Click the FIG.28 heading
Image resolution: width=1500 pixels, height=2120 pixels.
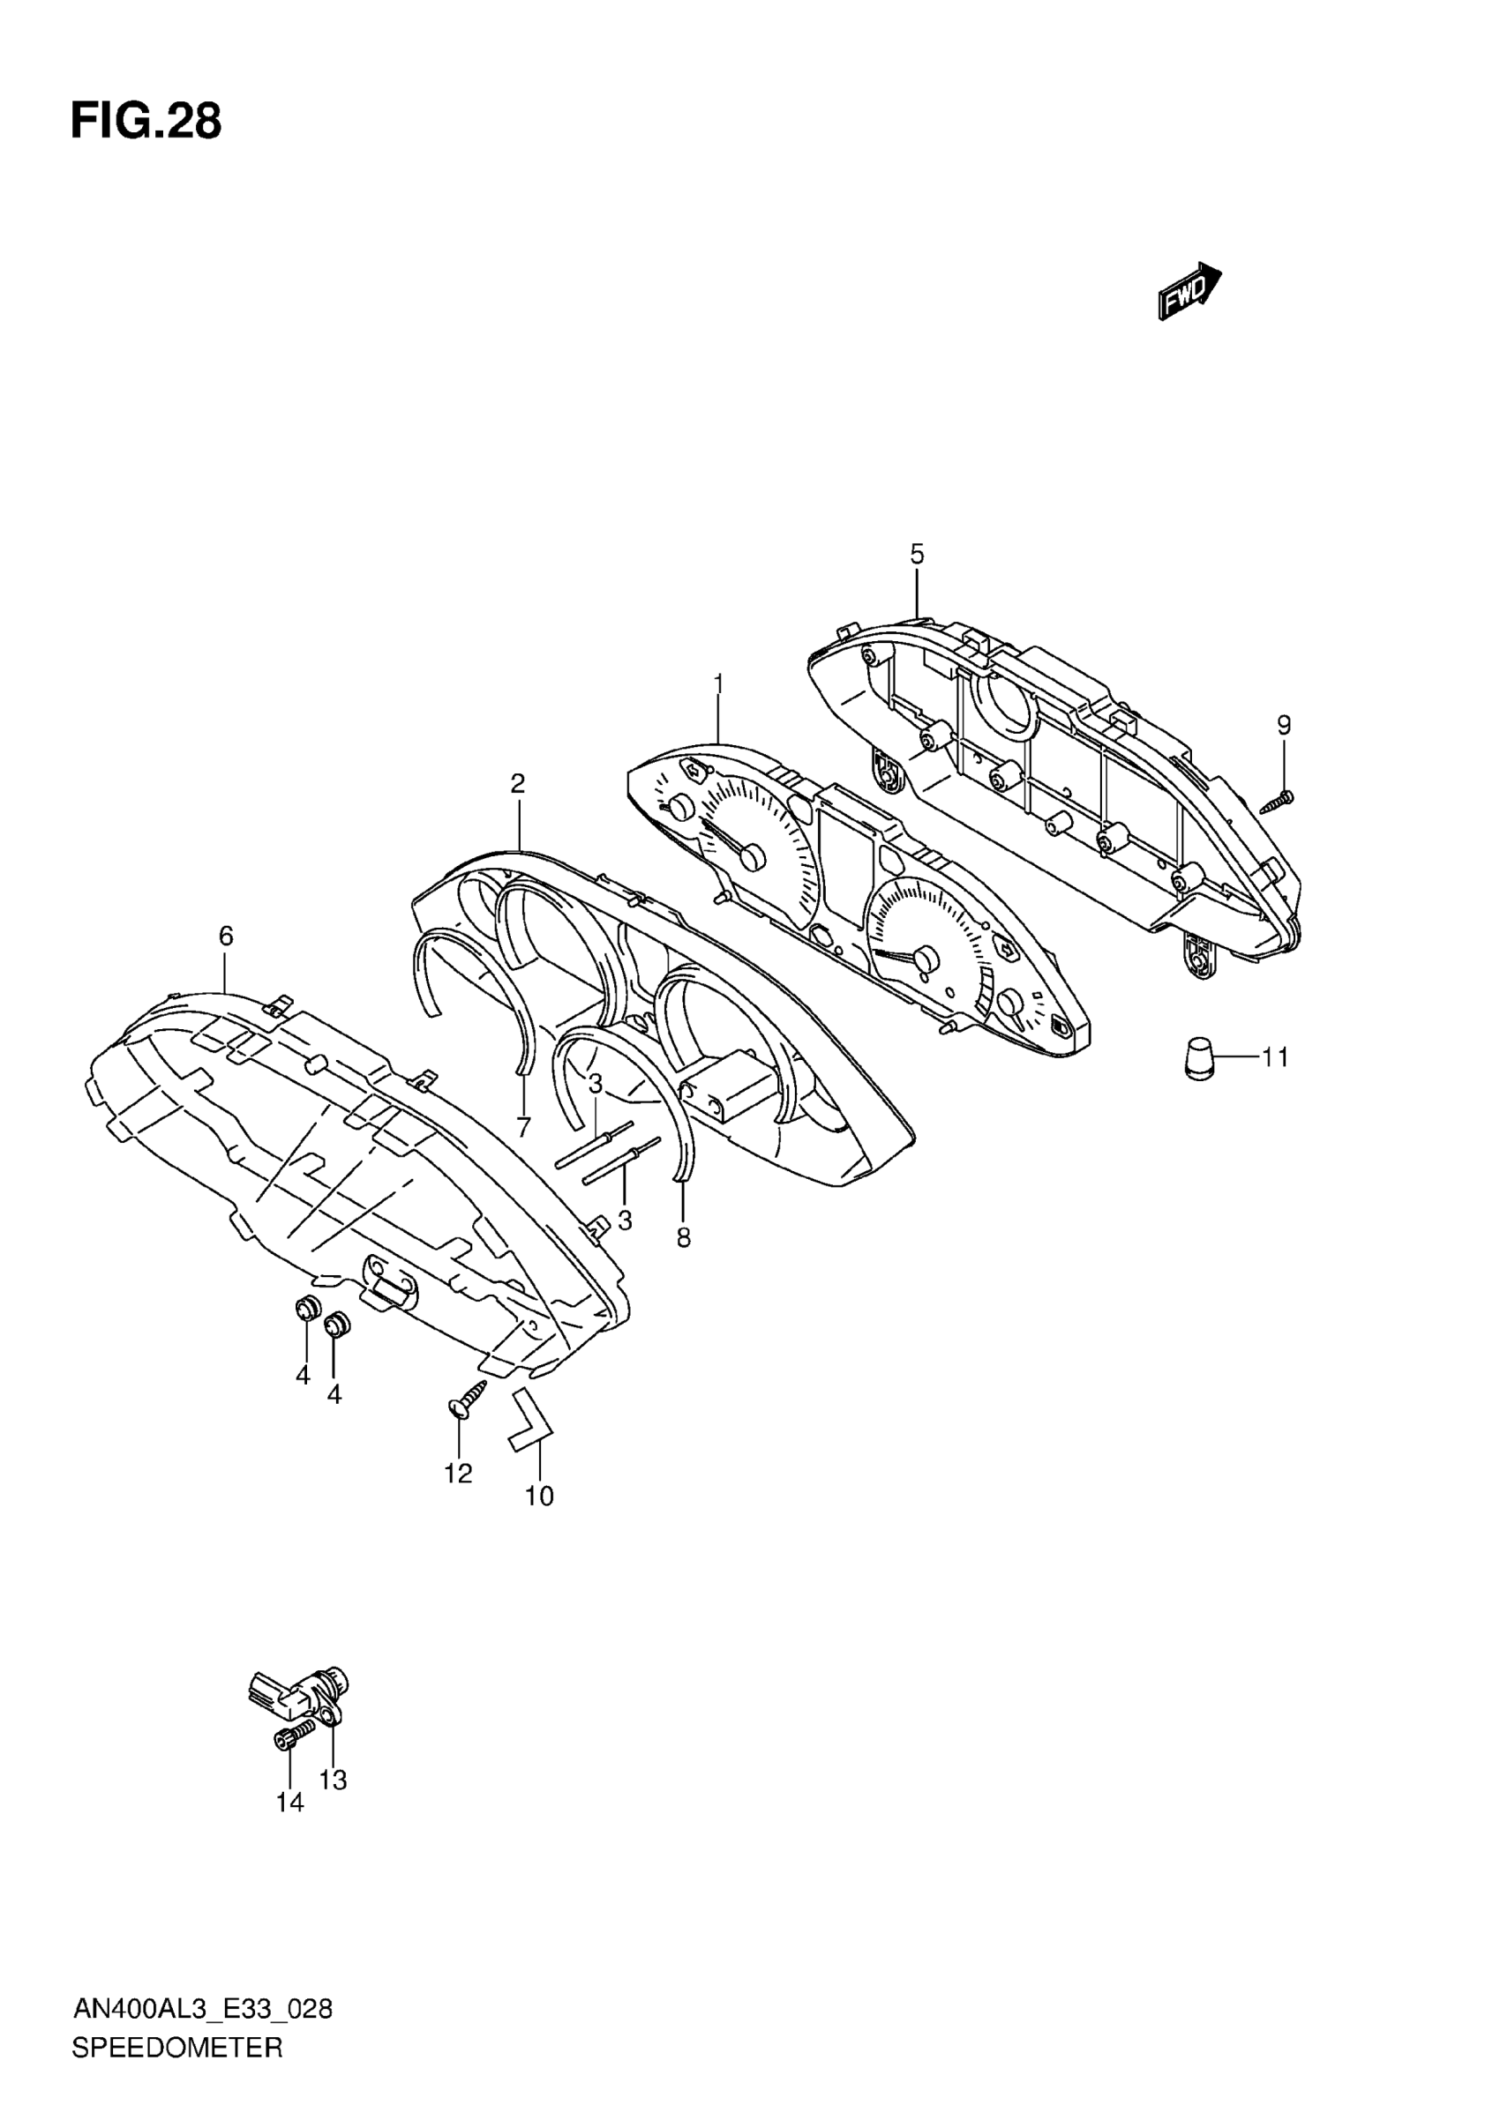(146, 121)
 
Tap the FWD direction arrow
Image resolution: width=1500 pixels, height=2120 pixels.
(1189, 290)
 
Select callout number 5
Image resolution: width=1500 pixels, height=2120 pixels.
(916, 554)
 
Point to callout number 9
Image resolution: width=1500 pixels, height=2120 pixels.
(1284, 725)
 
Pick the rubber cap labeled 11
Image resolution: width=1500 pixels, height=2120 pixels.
(1199, 1057)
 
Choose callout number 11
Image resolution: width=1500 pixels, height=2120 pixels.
(1275, 1056)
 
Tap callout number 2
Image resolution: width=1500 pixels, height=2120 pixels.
(517, 784)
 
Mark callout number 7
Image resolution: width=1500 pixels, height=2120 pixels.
(524, 1126)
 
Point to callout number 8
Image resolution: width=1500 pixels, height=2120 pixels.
(684, 1237)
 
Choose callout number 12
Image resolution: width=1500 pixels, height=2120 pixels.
(458, 1474)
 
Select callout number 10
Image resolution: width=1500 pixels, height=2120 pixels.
(539, 1496)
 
